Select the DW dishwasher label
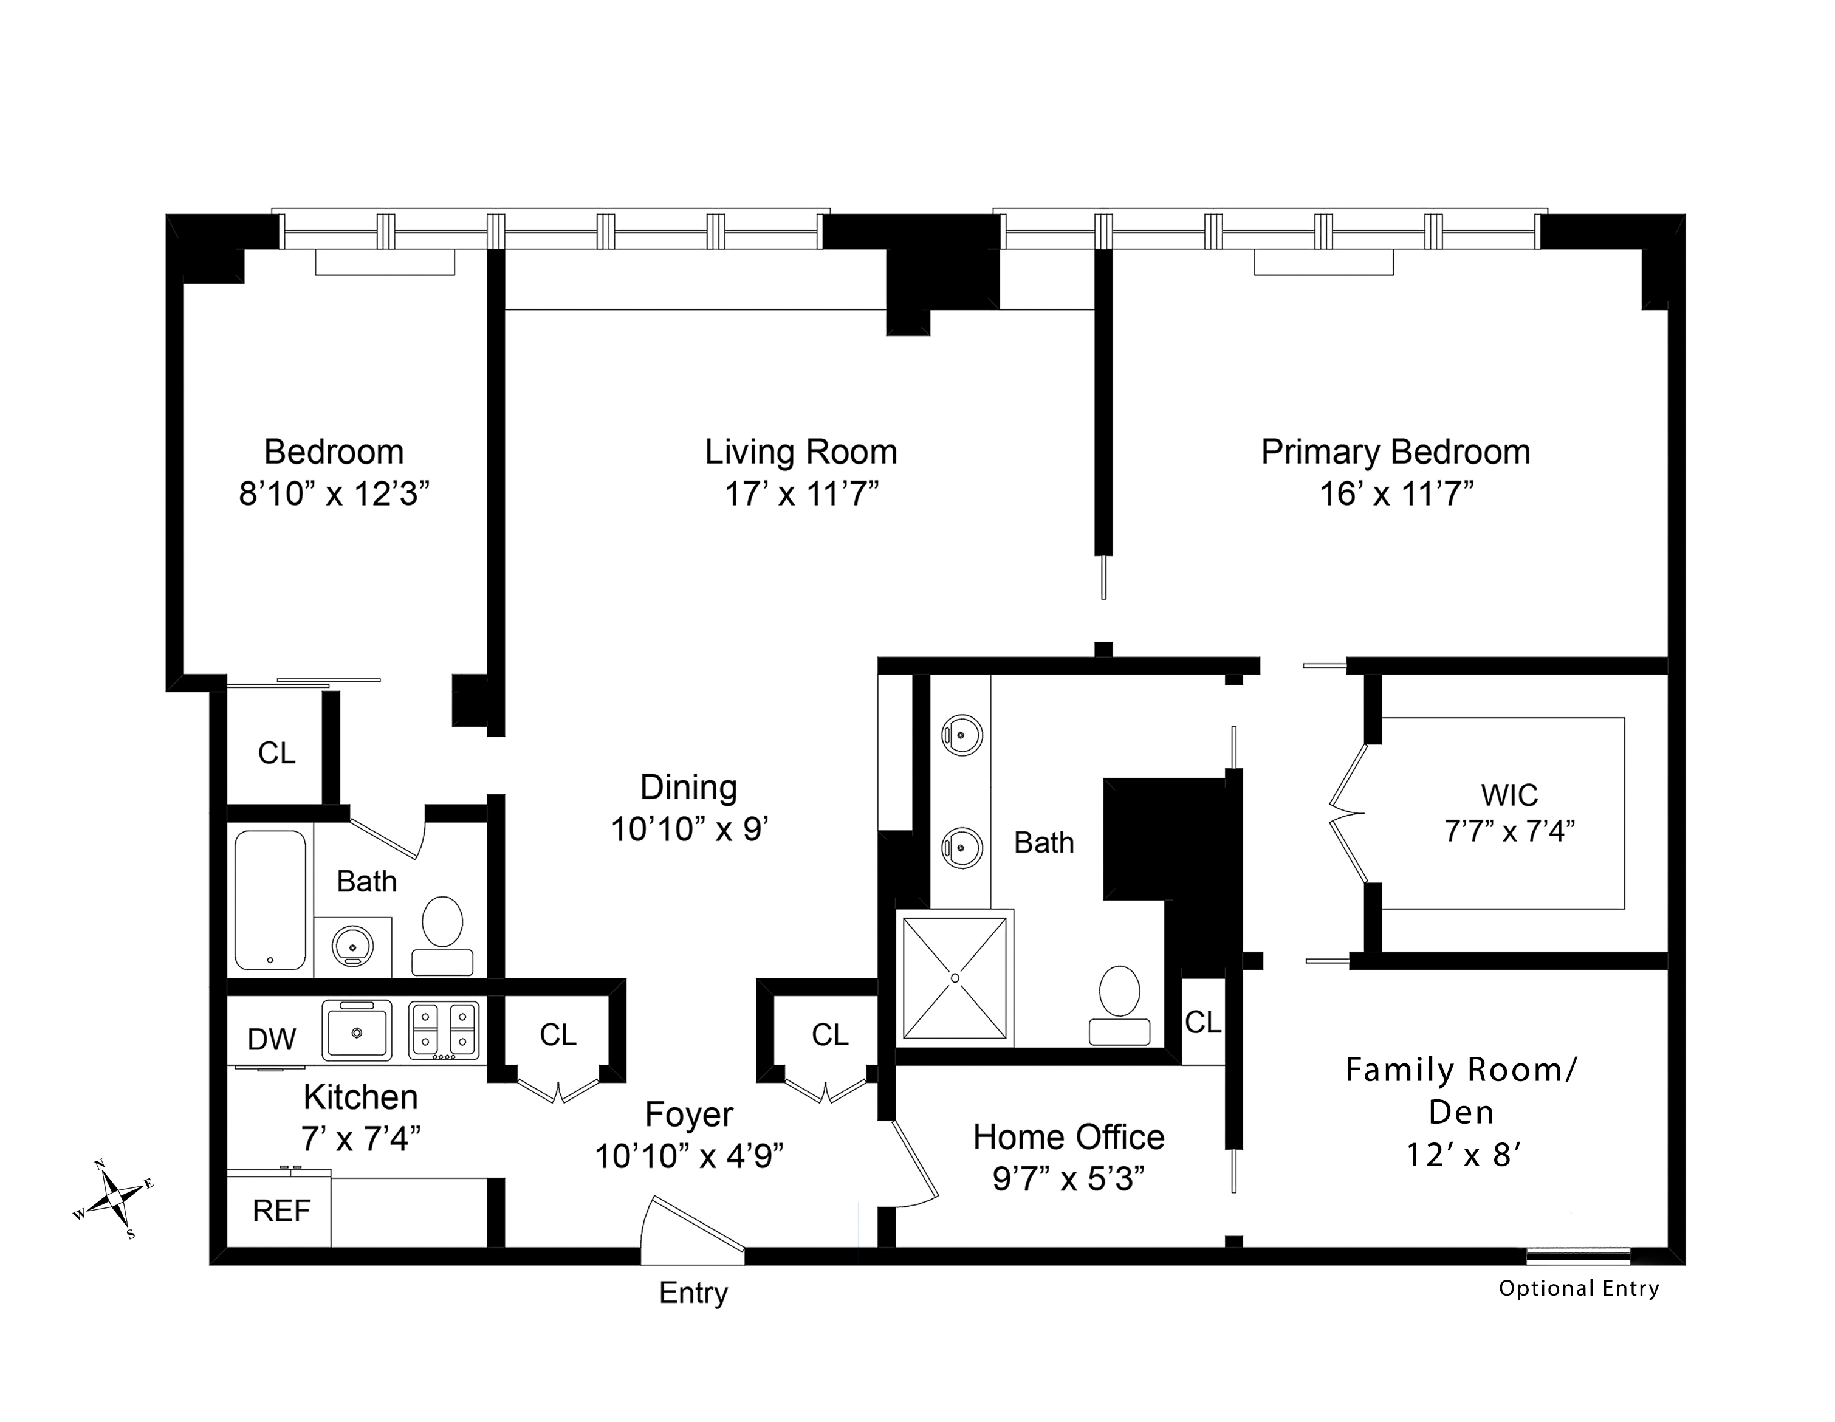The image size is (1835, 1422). point(272,1040)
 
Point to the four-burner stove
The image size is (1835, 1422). point(444,1031)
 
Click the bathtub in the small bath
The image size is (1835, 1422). point(270,900)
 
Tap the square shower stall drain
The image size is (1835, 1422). point(955,978)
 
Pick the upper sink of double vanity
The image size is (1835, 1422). point(962,735)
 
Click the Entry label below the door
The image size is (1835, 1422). point(693,1293)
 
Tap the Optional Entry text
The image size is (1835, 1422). point(1579,1288)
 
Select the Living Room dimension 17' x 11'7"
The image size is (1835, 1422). point(801,494)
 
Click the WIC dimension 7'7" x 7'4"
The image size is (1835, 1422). point(1509,831)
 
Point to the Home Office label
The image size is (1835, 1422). point(1069,1137)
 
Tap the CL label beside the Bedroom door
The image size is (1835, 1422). point(276,753)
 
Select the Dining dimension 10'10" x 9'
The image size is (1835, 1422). point(689,829)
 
